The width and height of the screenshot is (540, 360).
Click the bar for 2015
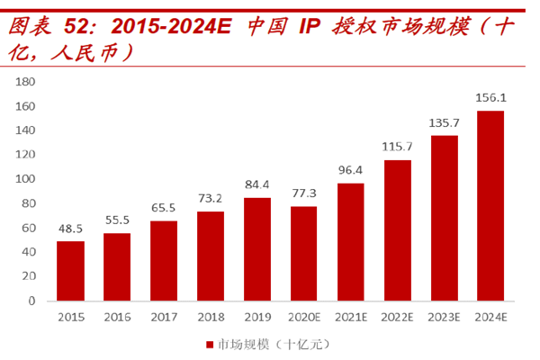pyautogui.click(x=70, y=271)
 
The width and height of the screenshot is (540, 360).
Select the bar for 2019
pyautogui.click(x=257, y=249)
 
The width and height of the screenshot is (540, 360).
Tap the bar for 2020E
pyautogui.click(x=304, y=254)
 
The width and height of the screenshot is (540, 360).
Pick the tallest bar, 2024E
pyautogui.click(x=490, y=205)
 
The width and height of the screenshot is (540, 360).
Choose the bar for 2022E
pyautogui.click(x=397, y=230)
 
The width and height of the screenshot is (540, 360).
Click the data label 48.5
pyautogui.click(x=70, y=229)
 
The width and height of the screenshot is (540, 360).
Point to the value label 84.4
pyautogui.click(x=257, y=186)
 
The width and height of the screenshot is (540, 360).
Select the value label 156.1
pyautogui.click(x=490, y=98)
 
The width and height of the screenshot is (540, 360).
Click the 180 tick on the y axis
pyautogui.click(x=24, y=82)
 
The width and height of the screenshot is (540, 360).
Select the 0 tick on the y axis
pyautogui.click(x=30, y=301)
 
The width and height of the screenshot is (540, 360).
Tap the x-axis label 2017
pyautogui.click(x=164, y=317)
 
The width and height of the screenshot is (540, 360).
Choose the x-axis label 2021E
pyautogui.click(x=351, y=317)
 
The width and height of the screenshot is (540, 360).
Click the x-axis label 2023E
pyautogui.click(x=444, y=317)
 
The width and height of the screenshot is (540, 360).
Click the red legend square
pyautogui.click(x=209, y=344)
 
